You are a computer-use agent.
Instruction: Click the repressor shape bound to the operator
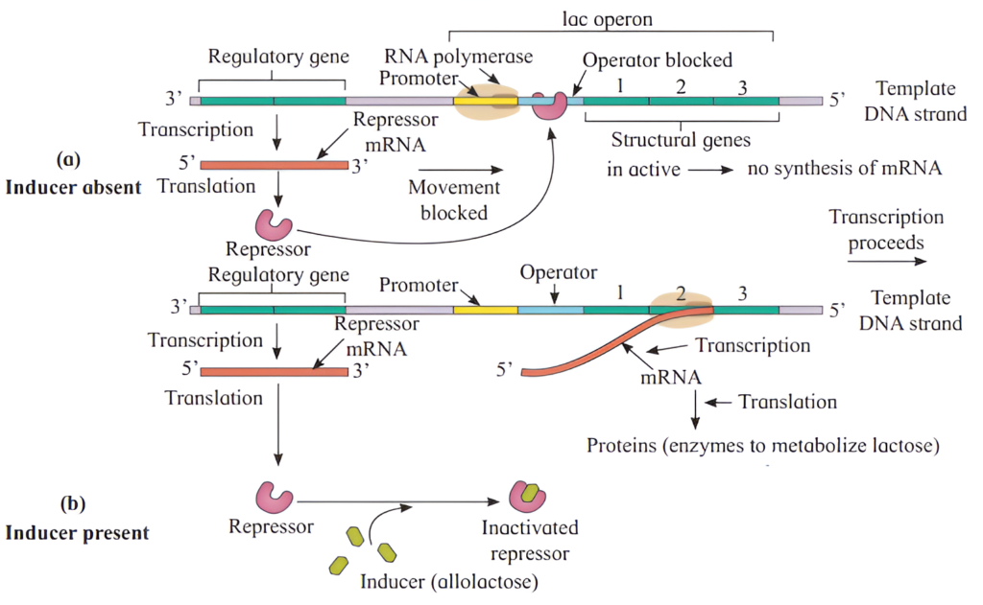550,105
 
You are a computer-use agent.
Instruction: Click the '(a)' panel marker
75,157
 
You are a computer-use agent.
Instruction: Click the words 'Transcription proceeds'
886,230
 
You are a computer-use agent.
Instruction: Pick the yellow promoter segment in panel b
485,310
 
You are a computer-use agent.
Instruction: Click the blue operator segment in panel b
550,310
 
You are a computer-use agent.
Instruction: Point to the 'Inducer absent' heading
74,186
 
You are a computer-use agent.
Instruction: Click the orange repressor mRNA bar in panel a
275,165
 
